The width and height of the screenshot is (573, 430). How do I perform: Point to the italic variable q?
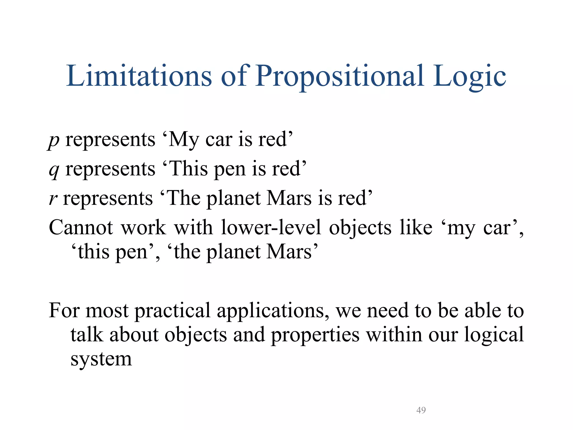coord(54,170)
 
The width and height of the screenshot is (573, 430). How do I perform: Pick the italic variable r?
coord(53,198)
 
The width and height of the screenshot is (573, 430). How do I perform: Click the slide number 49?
coord(421,410)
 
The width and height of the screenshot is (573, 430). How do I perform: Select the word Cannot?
coord(81,227)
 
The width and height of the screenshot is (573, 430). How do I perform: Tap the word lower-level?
coord(271,227)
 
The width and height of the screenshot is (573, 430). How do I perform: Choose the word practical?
coord(172,310)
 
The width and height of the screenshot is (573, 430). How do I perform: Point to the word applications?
coord(273,311)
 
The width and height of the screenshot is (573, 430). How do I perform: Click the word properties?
coord(315,335)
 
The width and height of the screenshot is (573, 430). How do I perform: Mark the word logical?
coord(494,335)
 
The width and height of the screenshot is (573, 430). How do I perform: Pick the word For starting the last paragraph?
coord(64,310)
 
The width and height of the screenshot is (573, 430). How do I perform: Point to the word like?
coord(416,227)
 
